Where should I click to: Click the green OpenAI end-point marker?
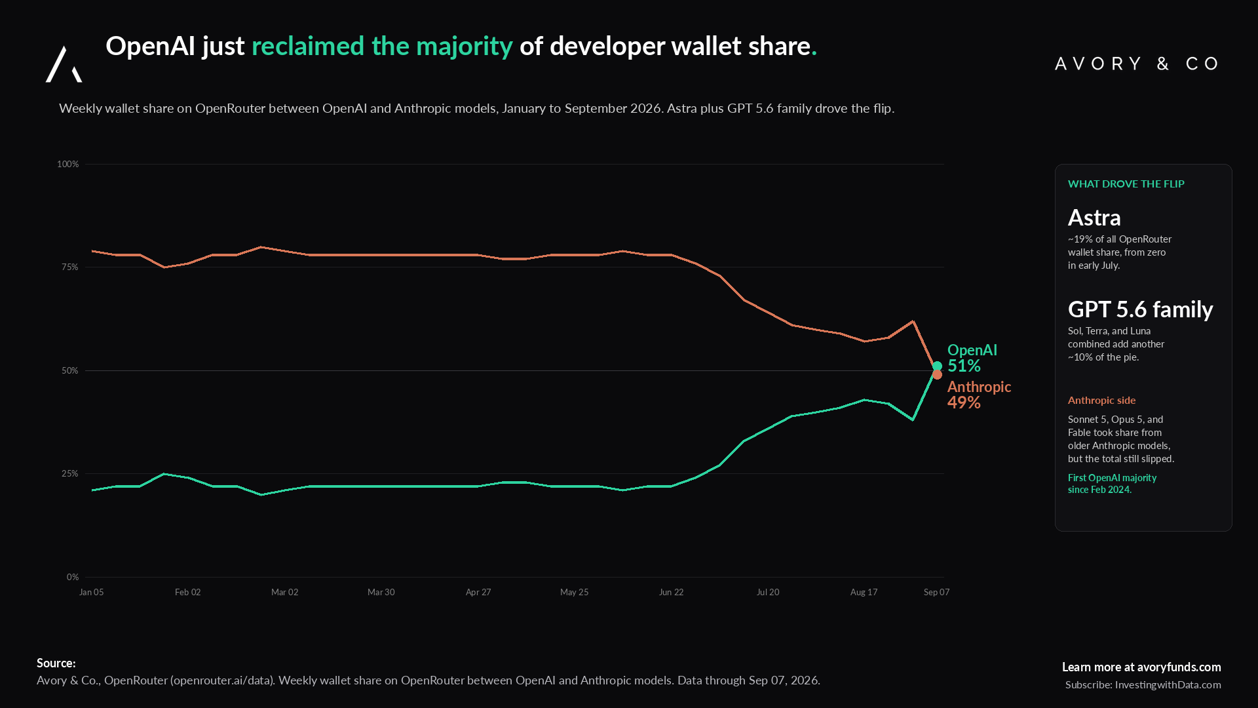click(937, 366)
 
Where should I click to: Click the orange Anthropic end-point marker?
click(937, 374)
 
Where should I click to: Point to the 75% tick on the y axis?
click(69, 267)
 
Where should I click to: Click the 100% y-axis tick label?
click(67, 164)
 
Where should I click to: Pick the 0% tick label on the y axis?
click(72, 577)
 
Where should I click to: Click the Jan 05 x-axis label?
click(91, 592)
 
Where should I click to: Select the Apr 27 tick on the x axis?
click(478, 592)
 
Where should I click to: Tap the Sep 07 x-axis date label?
click(936, 592)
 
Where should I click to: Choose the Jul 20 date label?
click(768, 592)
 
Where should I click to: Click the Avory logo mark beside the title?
click(64, 64)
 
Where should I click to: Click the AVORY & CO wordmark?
click(1137, 64)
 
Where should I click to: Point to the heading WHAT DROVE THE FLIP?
click(1126, 184)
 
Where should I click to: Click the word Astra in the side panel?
click(1094, 217)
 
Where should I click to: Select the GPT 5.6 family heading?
click(1140, 309)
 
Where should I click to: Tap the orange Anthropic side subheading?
click(1101, 400)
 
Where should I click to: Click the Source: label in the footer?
click(56, 663)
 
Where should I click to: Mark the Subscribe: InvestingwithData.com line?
click(1143, 684)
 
